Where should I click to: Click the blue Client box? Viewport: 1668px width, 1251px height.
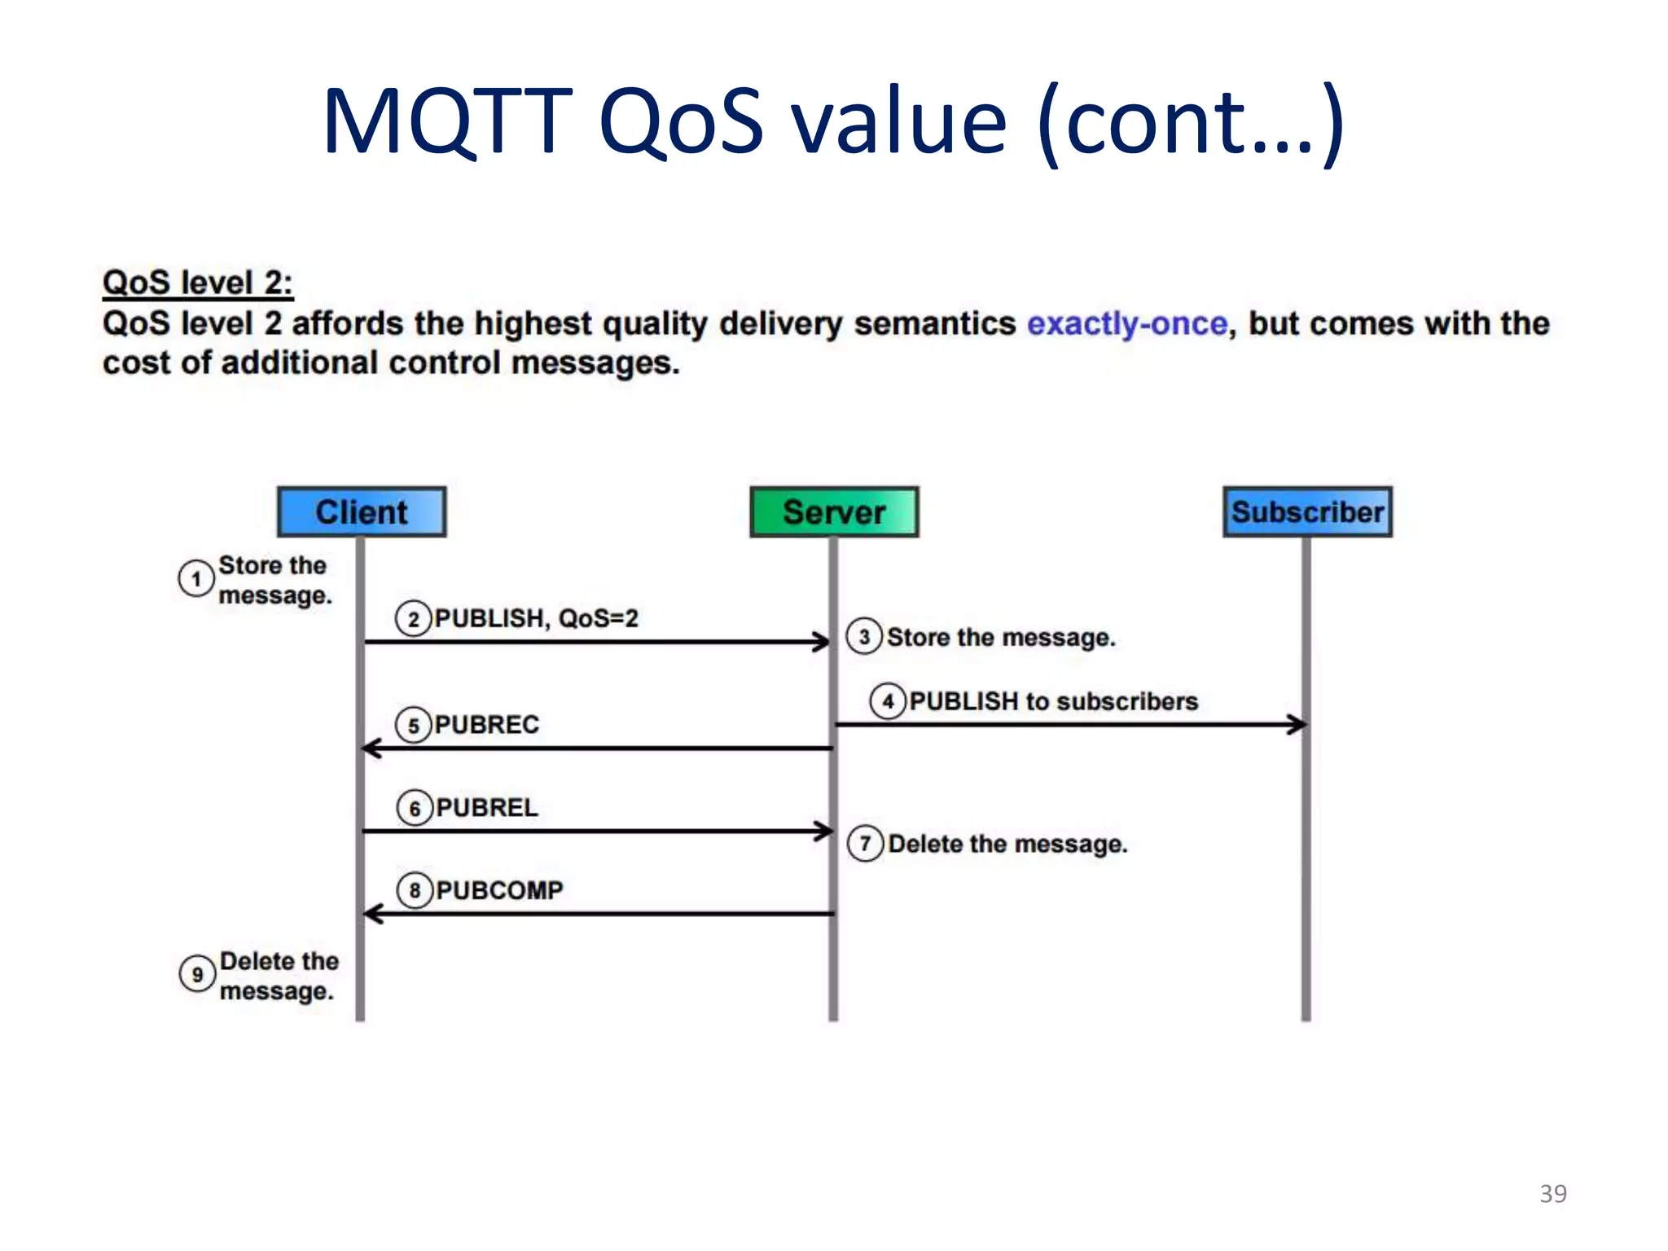(361, 511)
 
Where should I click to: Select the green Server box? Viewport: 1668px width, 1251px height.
(834, 511)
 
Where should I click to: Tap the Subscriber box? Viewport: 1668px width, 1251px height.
(1307, 511)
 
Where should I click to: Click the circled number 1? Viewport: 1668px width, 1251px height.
(195, 579)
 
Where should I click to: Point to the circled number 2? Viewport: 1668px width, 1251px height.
(413, 619)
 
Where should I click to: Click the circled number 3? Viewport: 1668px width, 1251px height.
(864, 637)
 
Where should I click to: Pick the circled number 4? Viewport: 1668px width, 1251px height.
(888, 701)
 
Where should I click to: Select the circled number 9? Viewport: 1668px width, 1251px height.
(197, 974)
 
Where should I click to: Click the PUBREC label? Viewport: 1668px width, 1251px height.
(486, 725)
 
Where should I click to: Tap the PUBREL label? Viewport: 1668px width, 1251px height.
(486, 808)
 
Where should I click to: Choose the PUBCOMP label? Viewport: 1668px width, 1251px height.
(499, 890)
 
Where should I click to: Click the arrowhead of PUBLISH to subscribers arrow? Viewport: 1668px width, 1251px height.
(1297, 724)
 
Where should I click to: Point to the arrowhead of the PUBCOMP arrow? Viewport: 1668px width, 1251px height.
(373, 914)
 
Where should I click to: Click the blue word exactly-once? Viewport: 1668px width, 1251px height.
(1126, 324)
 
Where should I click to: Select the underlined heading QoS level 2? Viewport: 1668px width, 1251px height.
(197, 283)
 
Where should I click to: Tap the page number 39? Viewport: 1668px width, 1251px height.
(1552, 1193)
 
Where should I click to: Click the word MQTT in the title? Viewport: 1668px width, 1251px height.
(447, 122)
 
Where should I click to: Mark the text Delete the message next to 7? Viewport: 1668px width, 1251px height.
(1007, 844)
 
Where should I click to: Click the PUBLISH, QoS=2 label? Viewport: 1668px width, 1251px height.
(536, 619)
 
